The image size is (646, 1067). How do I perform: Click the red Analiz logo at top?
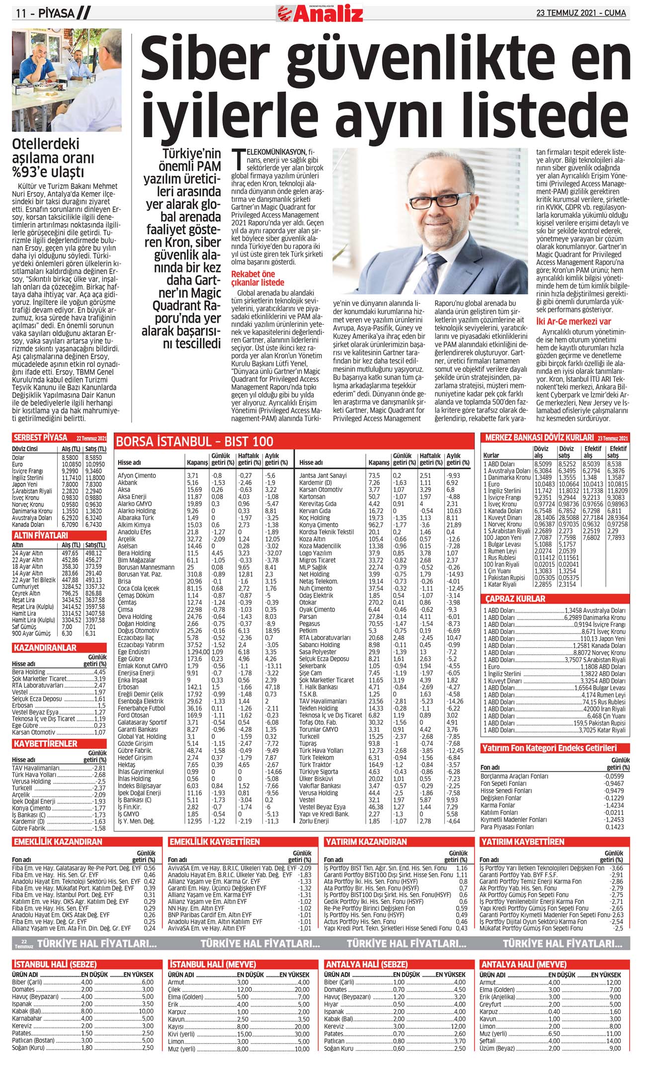coord(320,13)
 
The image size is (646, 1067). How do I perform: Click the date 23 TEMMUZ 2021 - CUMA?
coord(581,13)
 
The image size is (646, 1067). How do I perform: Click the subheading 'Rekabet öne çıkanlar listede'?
coord(253,278)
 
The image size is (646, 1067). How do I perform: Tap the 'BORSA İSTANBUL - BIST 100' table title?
coord(194,442)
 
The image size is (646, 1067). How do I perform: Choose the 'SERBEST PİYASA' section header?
coord(40,438)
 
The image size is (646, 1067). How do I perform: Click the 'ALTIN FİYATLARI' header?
coord(41,535)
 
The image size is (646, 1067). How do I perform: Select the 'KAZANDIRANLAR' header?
coord(45,648)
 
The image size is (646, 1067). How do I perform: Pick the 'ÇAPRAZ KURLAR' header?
coord(515,599)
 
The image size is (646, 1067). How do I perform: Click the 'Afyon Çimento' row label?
coord(137,475)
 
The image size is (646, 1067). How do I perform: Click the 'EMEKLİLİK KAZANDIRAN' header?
coord(58,842)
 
